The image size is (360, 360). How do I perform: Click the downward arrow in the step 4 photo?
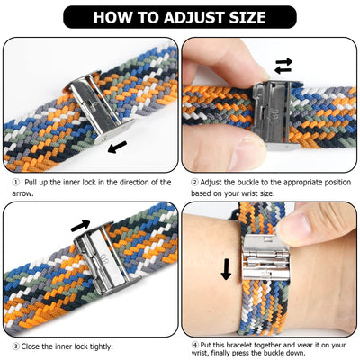(x=227, y=268)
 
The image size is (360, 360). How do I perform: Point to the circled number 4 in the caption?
(x=195, y=345)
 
